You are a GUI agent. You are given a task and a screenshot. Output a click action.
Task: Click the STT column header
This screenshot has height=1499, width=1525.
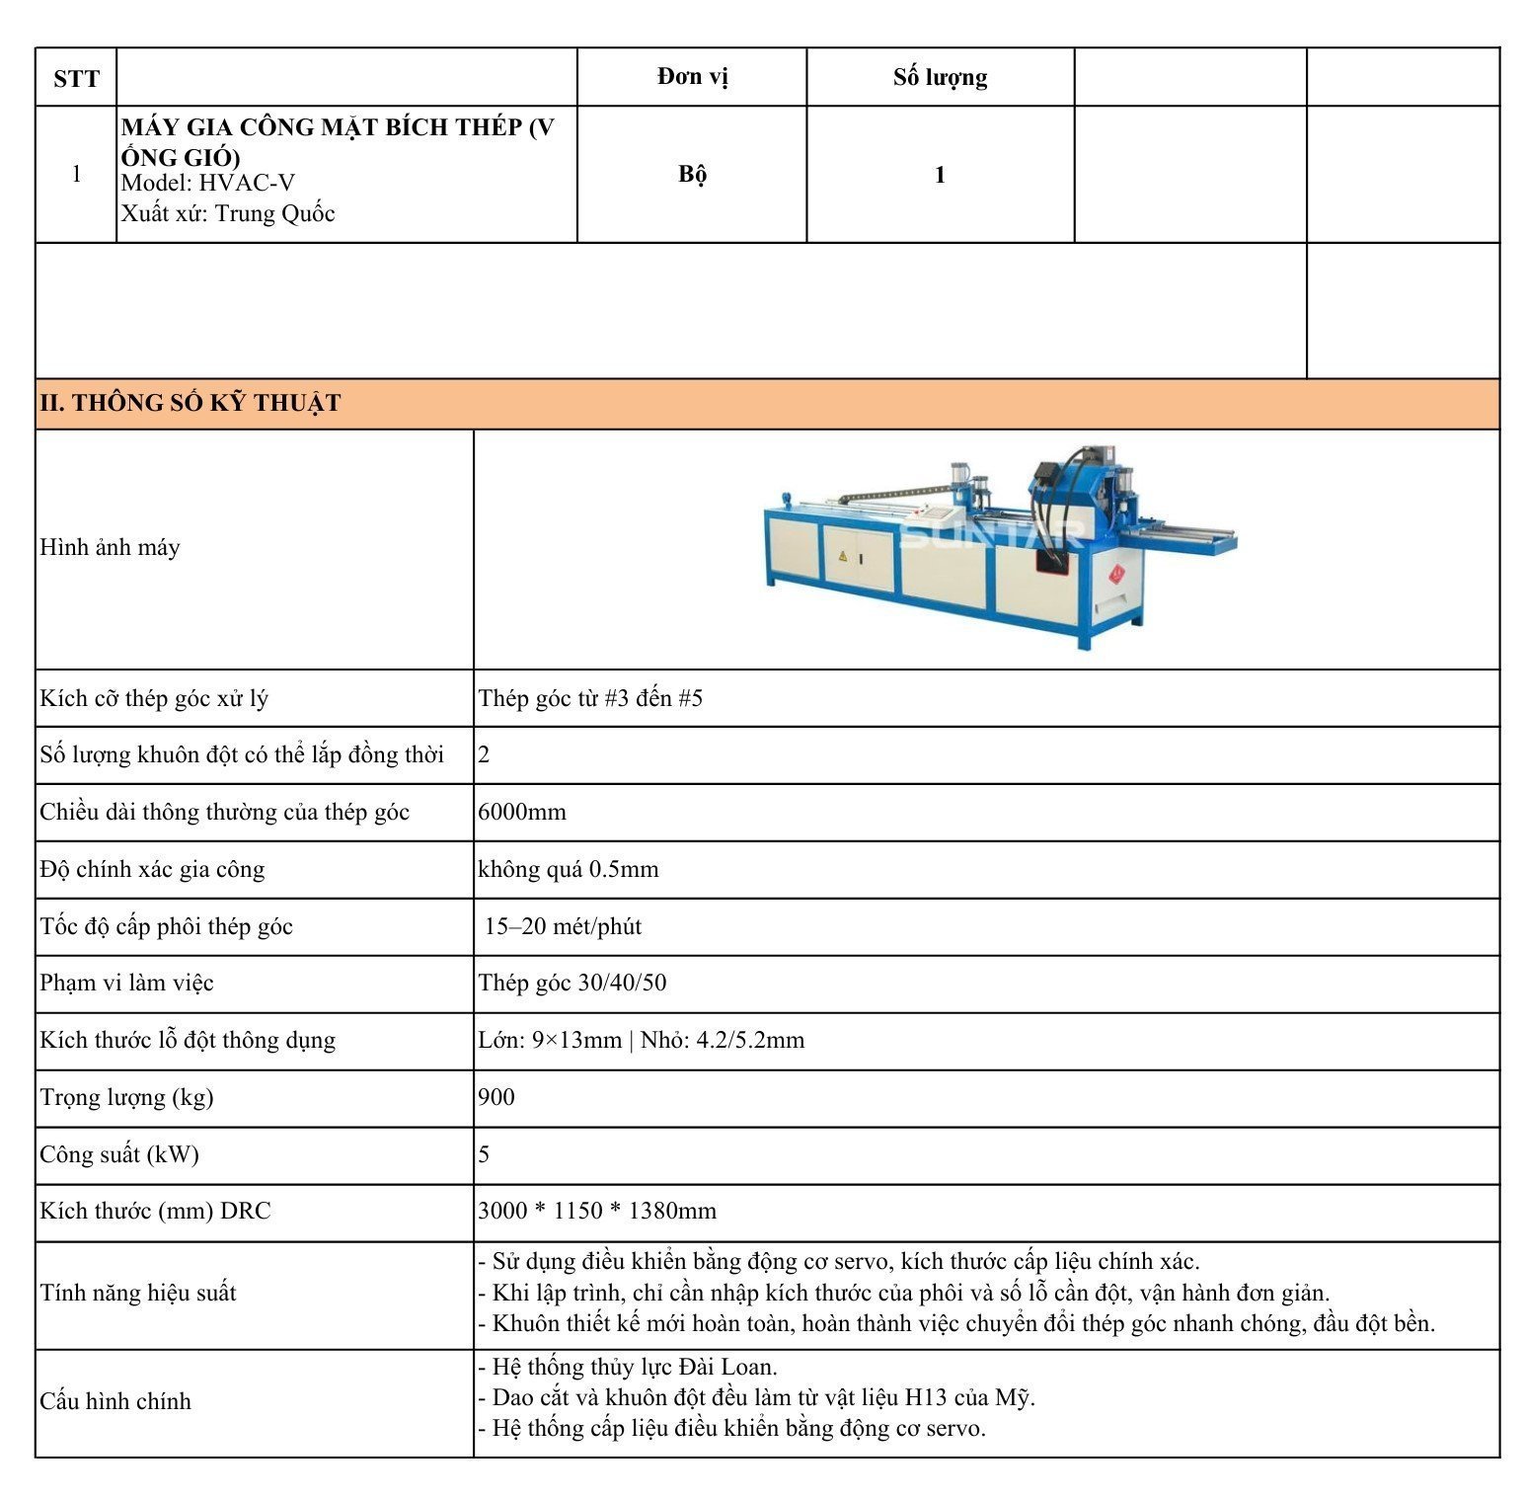pos(76,78)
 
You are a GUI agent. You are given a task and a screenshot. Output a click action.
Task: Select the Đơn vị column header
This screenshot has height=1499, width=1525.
pos(692,77)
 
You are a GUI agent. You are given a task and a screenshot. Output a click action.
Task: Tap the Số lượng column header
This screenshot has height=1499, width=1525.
pos(940,77)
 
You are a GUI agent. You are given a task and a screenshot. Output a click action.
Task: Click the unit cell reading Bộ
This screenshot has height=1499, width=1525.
pos(692,174)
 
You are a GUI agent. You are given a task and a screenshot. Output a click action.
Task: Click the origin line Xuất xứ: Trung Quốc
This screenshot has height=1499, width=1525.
pos(228,213)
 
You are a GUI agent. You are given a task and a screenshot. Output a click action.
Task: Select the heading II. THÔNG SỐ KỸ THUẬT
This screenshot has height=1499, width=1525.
pos(191,403)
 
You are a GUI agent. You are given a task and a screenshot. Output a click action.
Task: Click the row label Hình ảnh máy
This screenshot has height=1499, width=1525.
pos(110,547)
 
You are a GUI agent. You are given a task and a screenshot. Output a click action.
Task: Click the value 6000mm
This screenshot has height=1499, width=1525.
pos(522,812)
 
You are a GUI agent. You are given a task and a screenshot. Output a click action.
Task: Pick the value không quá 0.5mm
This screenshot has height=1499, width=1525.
pos(568,869)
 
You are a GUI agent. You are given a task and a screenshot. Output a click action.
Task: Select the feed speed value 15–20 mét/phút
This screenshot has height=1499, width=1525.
pos(563,926)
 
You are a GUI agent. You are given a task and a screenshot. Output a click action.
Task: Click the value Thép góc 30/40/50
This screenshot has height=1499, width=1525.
pos(572,983)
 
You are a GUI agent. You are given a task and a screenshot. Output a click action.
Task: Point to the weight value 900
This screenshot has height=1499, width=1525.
pos(496,1097)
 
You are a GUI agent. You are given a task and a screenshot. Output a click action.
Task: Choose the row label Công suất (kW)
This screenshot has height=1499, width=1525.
pos(119,1154)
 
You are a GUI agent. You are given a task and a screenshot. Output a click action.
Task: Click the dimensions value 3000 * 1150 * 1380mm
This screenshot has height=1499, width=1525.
pos(597,1211)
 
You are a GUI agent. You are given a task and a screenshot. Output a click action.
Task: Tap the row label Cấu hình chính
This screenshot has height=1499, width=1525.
pos(115,1400)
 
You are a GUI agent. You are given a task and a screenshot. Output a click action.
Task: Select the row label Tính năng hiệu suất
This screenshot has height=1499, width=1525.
pos(138,1293)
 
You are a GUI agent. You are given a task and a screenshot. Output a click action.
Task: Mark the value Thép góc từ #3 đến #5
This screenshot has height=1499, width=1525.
pos(590,698)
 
